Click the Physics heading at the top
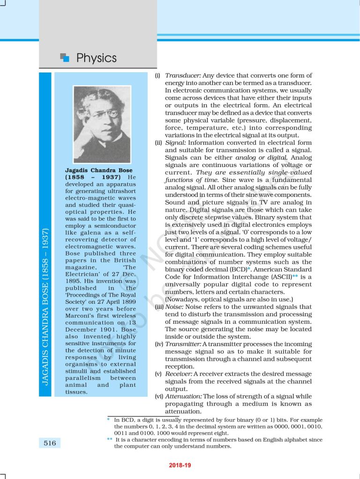(96, 58)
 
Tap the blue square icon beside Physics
(65, 58)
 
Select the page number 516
(50, 443)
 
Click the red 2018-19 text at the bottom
(180, 465)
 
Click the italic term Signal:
(176, 143)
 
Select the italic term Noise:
(175, 307)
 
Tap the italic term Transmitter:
(183, 344)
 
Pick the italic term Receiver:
(179, 374)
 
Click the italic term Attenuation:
(184, 396)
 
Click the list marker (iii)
(159, 307)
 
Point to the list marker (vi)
(159, 396)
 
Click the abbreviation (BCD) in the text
(239, 269)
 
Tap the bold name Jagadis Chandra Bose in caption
(99, 170)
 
